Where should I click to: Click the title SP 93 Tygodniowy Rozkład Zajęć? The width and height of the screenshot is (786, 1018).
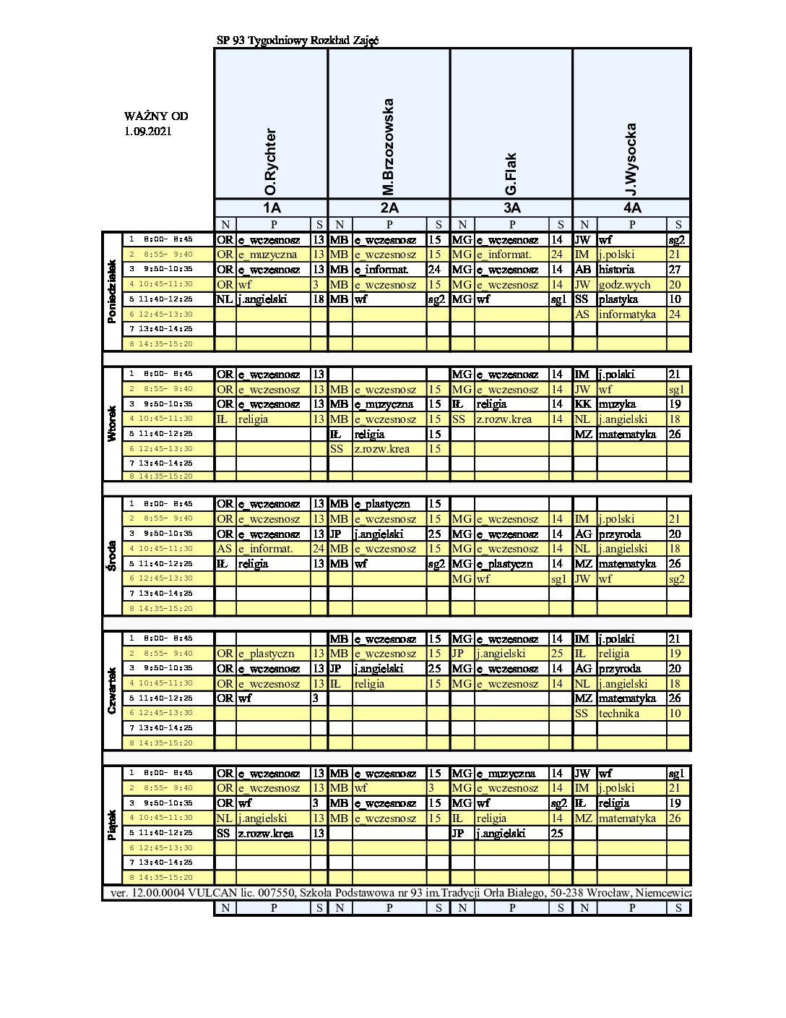pyautogui.click(x=298, y=41)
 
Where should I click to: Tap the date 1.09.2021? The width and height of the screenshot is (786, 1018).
pyautogui.click(x=147, y=132)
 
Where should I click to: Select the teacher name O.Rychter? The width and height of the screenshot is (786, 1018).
pyautogui.click(x=271, y=162)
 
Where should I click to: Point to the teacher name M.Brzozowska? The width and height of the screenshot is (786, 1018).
pyautogui.click(x=389, y=147)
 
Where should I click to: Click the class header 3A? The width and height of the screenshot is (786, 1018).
pyautogui.click(x=511, y=208)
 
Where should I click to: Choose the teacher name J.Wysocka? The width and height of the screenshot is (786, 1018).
pyautogui.click(x=631, y=159)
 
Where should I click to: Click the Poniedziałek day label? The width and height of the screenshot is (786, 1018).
pyautogui.click(x=112, y=291)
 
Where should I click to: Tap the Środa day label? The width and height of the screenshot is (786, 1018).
pyautogui.click(x=112, y=555)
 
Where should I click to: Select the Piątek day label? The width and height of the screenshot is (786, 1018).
pyautogui.click(x=112, y=825)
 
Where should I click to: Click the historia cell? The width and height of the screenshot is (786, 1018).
pyautogui.click(x=616, y=270)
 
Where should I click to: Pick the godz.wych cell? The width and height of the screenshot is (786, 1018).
pyautogui.click(x=624, y=285)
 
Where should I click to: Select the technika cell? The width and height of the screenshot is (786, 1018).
pyautogui.click(x=619, y=714)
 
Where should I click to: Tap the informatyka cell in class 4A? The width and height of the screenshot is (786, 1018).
pyautogui.click(x=627, y=315)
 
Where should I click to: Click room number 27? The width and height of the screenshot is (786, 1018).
pyautogui.click(x=675, y=270)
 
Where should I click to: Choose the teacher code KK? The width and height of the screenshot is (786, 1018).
pyautogui.click(x=583, y=404)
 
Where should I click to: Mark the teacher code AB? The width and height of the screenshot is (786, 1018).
pyautogui.click(x=583, y=270)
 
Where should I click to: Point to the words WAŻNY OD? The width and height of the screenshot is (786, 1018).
pyautogui.click(x=156, y=116)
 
